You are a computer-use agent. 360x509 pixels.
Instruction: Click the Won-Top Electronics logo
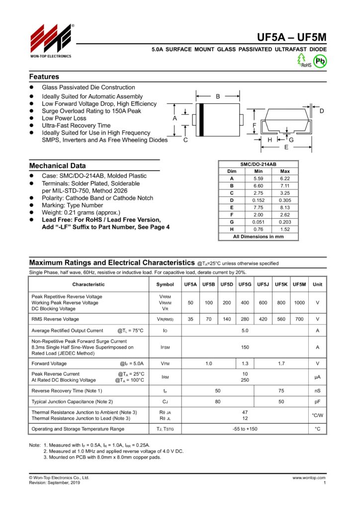[51, 40]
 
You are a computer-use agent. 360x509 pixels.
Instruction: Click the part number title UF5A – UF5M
[291, 38]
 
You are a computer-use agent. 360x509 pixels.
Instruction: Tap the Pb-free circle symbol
[321, 61]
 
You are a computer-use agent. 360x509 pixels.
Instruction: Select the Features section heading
[44, 77]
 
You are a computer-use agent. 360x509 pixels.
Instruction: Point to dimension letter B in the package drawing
[218, 96]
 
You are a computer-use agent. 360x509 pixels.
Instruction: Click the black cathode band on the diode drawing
[201, 119]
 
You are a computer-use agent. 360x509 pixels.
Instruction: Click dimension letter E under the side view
[286, 148]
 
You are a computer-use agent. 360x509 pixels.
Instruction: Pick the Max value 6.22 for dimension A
[285, 178]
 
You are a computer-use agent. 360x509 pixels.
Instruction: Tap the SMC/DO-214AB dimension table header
[258, 164]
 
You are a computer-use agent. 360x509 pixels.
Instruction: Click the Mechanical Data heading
[57, 166]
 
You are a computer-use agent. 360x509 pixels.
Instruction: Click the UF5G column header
[245, 284]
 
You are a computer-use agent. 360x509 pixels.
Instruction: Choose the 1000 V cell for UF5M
[299, 302]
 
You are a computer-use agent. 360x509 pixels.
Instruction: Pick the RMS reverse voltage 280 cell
[245, 319]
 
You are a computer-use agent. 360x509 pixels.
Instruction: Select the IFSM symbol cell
[165, 347]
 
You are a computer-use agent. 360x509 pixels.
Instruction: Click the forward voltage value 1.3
[245, 364]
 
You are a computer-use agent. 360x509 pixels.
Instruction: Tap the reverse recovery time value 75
[281, 391]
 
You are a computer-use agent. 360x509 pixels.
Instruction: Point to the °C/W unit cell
[317, 416]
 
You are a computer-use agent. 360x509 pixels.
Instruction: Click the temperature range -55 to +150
[245, 428]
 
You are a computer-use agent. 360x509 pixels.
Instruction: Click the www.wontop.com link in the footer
[309, 478]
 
